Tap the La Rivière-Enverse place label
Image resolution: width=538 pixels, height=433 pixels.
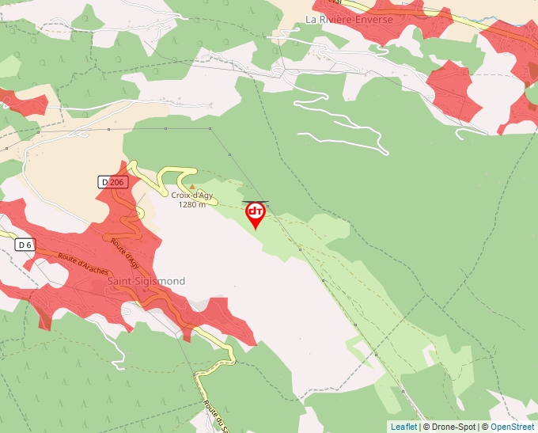coord(349,19)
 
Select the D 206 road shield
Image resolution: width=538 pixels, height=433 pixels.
coord(113,182)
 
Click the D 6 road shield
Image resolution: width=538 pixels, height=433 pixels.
coord(25,245)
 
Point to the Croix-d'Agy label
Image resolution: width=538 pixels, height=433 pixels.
coord(191,195)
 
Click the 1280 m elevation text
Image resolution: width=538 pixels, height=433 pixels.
coord(191,204)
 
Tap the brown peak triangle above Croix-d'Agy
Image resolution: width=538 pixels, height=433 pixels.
coord(191,187)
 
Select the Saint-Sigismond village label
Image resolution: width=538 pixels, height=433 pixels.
coord(146,281)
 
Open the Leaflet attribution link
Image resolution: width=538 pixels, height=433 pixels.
coord(403,427)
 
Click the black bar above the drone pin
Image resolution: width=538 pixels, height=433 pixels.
coord(255,201)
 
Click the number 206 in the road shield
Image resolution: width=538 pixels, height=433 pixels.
coord(117,182)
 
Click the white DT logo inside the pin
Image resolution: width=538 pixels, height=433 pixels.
coord(255,211)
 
